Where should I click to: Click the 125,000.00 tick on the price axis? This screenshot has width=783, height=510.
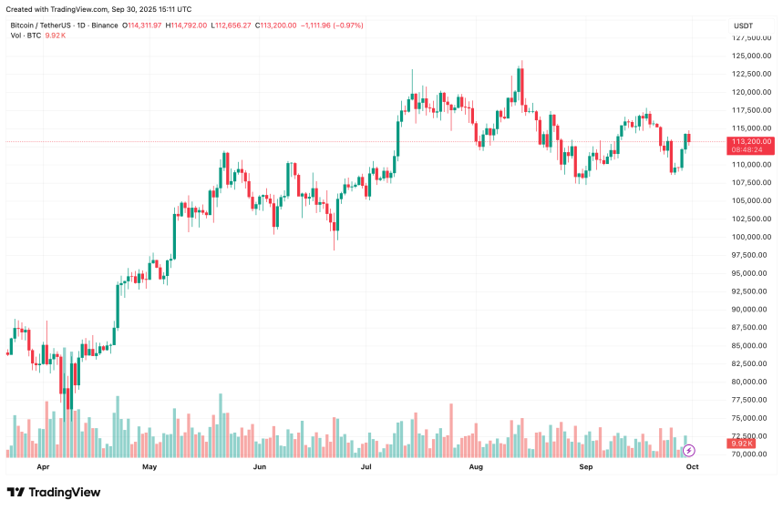tap(752, 56)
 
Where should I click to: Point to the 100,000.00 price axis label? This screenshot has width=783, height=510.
tap(752, 237)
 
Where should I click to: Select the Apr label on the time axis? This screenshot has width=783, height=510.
tap(43, 466)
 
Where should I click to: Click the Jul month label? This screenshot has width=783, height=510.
tap(366, 466)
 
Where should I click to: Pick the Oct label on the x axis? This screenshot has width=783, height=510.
tap(692, 466)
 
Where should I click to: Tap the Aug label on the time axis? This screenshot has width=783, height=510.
tap(475, 466)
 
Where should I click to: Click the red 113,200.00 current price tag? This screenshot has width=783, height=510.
tap(752, 141)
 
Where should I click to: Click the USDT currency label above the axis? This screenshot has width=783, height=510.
tap(743, 25)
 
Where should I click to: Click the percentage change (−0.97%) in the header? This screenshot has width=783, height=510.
tap(346, 25)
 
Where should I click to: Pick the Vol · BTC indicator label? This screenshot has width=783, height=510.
tap(25, 36)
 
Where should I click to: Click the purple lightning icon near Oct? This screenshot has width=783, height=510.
tap(689, 450)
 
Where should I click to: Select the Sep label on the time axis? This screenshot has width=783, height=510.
tap(586, 466)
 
